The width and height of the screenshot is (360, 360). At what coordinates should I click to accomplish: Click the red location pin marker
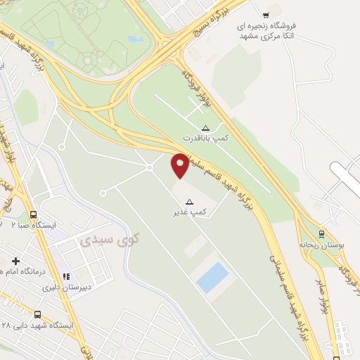click(180, 164)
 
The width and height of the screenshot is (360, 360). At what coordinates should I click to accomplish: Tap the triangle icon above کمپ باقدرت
click(205, 128)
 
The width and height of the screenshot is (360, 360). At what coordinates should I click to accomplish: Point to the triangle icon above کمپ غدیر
click(188, 201)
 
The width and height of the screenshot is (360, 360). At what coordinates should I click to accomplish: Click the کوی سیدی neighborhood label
click(108, 239)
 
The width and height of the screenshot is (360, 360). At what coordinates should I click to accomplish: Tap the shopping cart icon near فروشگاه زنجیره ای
click(266, 15)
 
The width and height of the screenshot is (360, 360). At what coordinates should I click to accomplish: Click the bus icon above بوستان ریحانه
click(321, 233)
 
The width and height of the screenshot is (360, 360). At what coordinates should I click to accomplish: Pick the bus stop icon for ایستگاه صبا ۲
click(33, 214)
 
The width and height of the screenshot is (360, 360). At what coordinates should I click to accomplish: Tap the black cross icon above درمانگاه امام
click(15, 261)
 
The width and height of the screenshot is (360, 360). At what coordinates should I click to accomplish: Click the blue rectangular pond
click(212, 277)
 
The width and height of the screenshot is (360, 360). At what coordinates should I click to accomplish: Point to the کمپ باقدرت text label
click(207, 139)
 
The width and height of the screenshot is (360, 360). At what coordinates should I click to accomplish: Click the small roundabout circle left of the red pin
click(150, 167)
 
